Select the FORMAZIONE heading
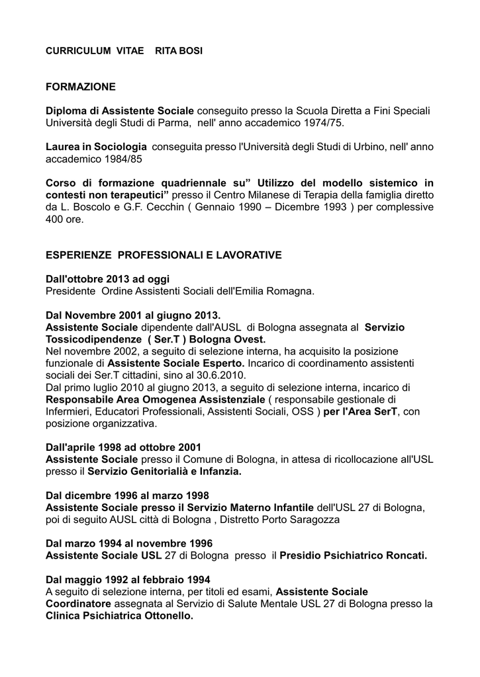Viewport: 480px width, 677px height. [80, 87]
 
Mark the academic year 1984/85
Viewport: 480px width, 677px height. [123, 159]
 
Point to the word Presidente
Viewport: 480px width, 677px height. [70, 291]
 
